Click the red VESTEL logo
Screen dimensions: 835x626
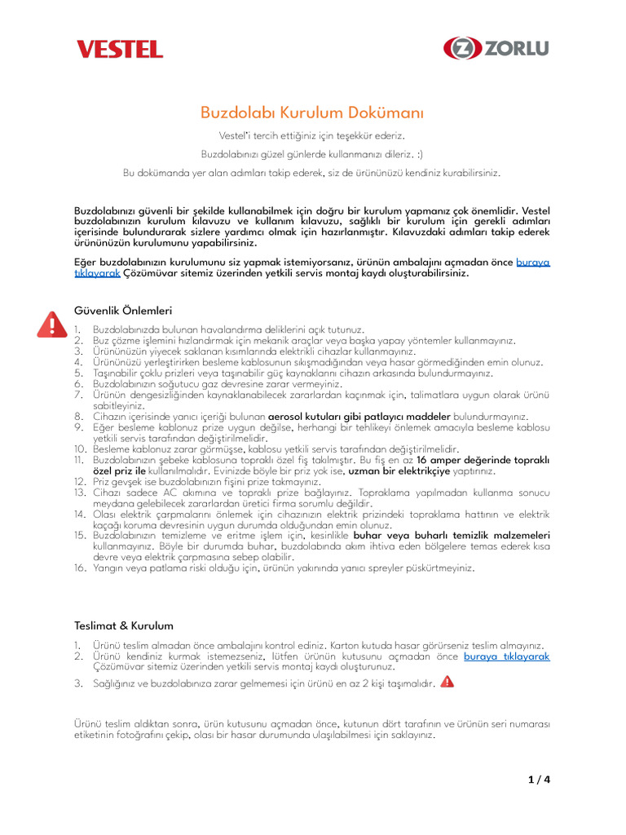120,49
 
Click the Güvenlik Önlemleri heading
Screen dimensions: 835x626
123,311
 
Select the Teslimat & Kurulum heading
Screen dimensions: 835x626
124,625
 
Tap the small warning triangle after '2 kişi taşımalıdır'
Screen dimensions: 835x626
447,683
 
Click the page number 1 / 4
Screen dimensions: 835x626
539,779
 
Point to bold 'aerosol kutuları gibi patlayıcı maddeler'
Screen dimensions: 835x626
359,416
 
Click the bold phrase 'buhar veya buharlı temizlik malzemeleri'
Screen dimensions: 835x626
452,535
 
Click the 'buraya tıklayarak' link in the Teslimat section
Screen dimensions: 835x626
507,656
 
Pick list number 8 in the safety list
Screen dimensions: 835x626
79,416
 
